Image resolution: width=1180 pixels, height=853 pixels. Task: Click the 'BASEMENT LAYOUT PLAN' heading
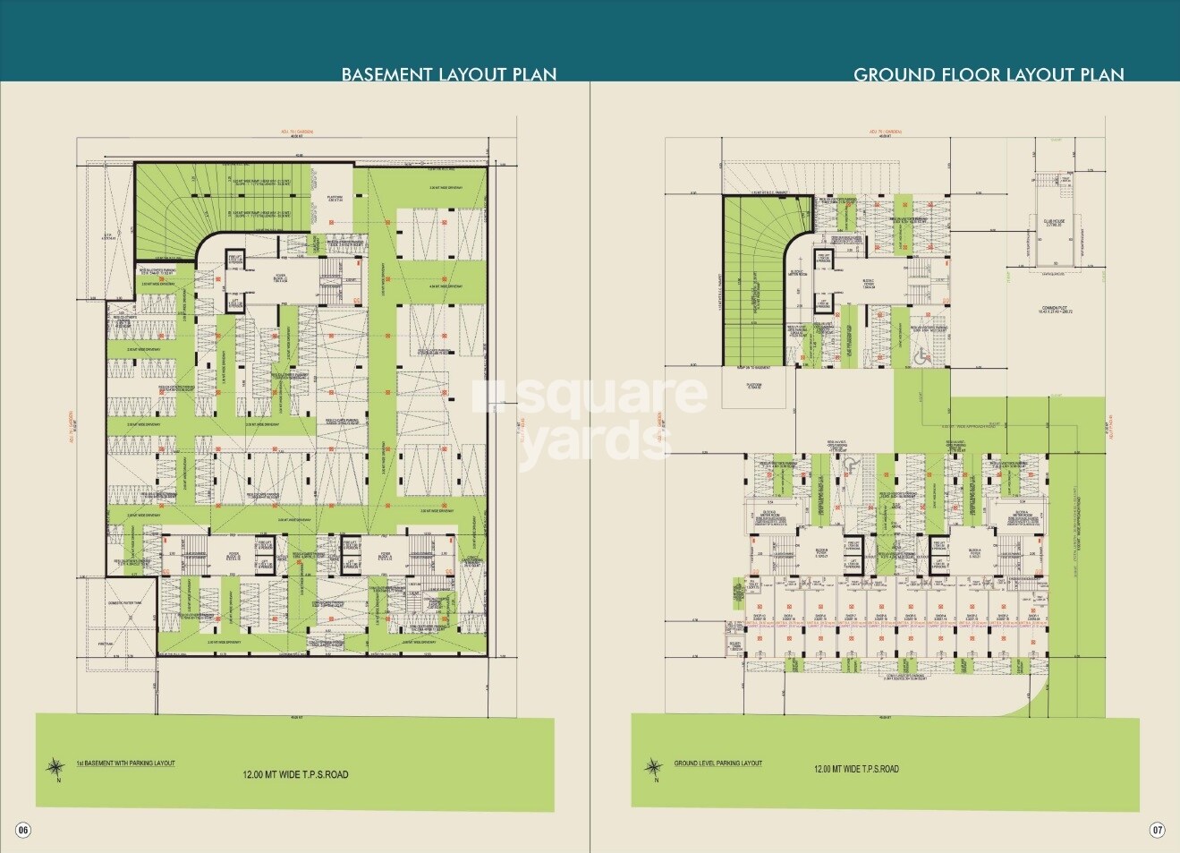pyautogui.click(x=448, y=74)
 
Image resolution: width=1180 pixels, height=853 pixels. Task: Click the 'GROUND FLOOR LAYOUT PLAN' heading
pyautogui.click(x=989, y=74)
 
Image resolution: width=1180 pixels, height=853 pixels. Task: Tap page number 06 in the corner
pyautogui.click(x=23, y=830)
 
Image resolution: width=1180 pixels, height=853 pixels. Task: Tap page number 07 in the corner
pyautogui.click(x=1157, y=830)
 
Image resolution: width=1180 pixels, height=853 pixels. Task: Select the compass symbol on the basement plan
pyautogui.click(x=55, y=767)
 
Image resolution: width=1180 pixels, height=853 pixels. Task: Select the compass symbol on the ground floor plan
pyautogui.click(x=655, y=768)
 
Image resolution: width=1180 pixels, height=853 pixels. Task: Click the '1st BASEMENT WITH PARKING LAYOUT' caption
pyautogui.click(x=125, y=763)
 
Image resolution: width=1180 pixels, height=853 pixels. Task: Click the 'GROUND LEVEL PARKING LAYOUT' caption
pyautogui.click(x=717, y=763)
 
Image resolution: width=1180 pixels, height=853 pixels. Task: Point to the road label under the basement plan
pyautogui.click(x=295, y=774)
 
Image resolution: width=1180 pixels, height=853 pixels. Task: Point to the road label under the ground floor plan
pyautogui.click(x=856, y=769)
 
